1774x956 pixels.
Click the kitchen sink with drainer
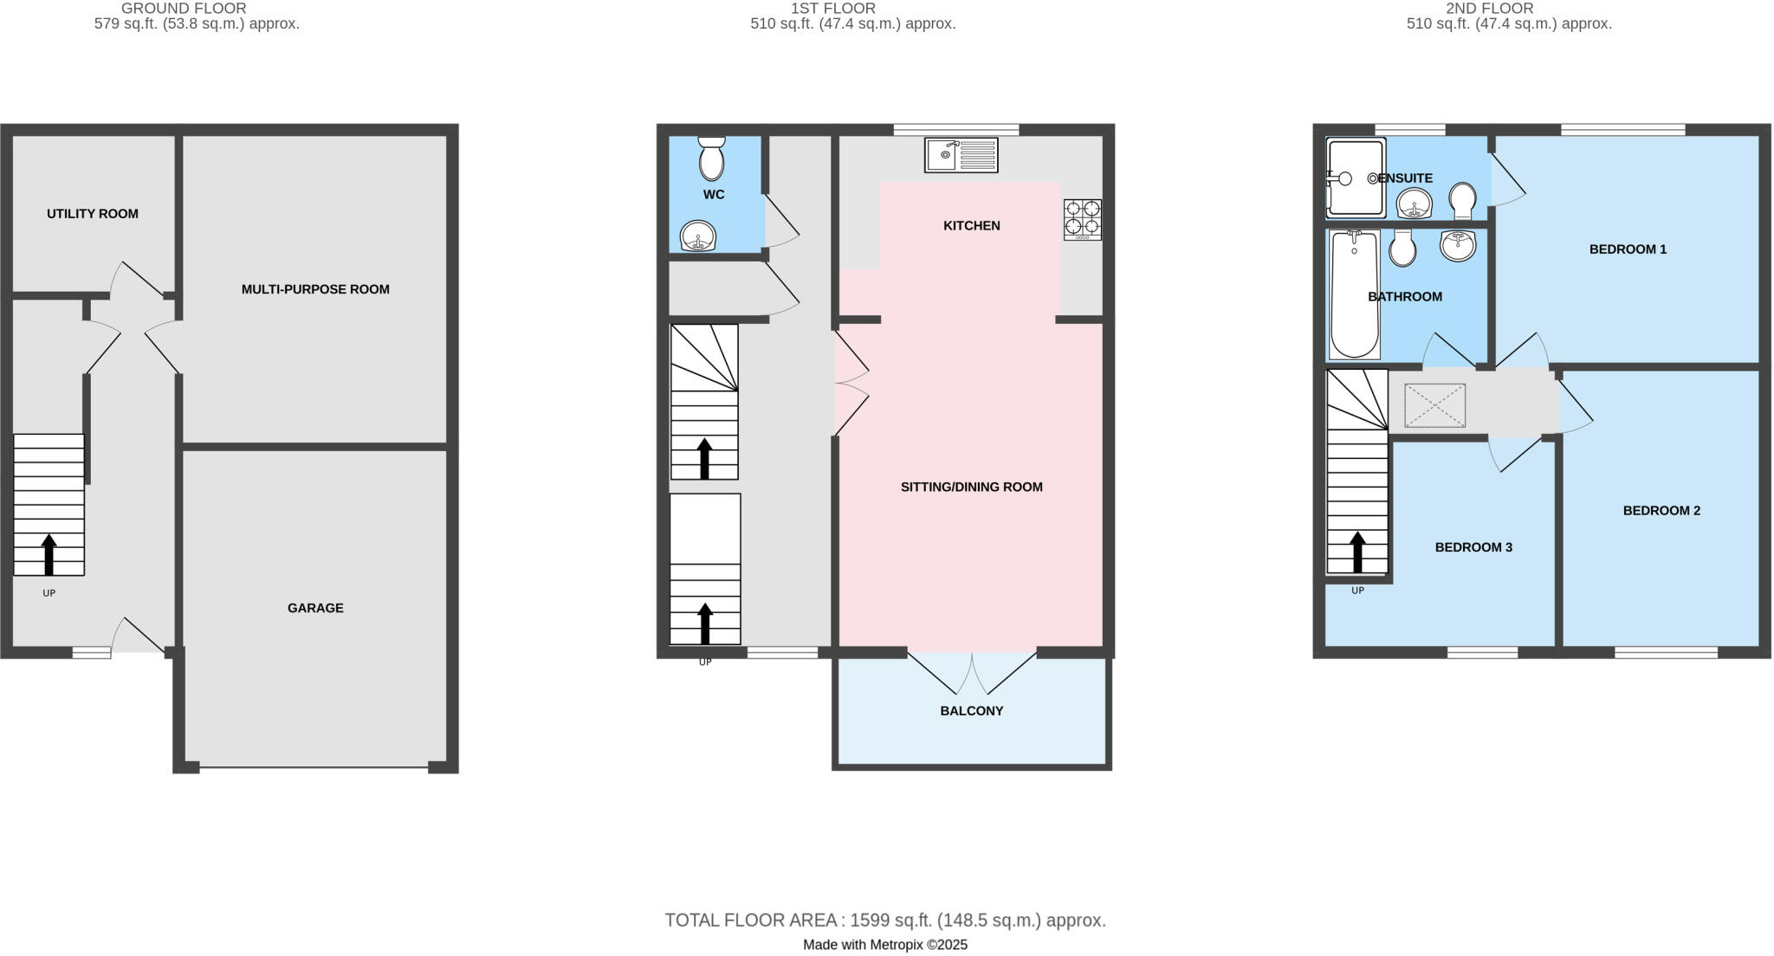click(961, 155)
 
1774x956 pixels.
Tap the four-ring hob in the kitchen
click(1083, 219)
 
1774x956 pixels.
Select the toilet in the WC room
click(711, 158)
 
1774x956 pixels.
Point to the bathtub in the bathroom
click(1354, 294)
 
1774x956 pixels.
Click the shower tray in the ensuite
click(1355, 178)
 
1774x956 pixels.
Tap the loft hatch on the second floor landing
click(1434, 405)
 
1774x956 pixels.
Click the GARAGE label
click(315, 608)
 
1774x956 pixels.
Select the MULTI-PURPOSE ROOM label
click(315, 289)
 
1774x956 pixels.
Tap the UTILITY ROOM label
click(93, 214)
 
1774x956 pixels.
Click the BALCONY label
click(972, 711)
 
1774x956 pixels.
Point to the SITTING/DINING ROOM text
click(972, 487)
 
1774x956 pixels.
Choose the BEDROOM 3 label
click(1473, 547)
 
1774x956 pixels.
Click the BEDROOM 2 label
click(1661, 511)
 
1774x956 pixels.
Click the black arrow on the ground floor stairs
click(49, 554)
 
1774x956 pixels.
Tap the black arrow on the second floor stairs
click(1357, 552)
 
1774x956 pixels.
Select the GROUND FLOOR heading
click(184, 9)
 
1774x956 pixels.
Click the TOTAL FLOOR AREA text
click(885, 920)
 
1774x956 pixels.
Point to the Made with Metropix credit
click(885, 945)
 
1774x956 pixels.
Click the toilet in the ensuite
click(1463, 201)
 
